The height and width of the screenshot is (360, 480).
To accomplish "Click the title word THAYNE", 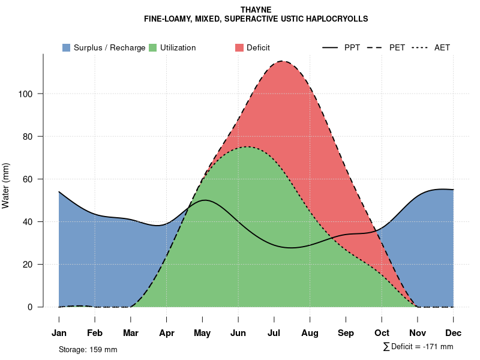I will [x=256, y=10].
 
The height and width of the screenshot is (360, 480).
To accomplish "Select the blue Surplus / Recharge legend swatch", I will [x=67, y=47].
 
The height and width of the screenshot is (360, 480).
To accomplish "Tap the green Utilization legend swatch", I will [x=153, y=47].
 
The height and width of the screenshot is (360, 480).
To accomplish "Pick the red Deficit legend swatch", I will [x=239, y=47].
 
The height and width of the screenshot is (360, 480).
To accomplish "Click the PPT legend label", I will [x=352, y=47].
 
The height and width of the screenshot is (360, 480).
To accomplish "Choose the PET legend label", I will [x=397, y=47].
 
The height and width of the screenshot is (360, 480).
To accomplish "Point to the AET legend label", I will [x=442, y=47].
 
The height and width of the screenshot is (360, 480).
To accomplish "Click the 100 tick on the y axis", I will [x=29, y=94].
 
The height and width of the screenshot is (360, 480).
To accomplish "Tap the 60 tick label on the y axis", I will [x=32, y=179].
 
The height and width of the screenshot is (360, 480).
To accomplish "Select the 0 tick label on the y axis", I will [x=34, y=307].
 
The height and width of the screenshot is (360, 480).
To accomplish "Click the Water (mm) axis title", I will [x=6, y=186].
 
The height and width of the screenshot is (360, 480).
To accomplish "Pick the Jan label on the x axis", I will [x=59, y=333].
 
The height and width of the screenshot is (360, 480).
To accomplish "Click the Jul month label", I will [x=274, y=333].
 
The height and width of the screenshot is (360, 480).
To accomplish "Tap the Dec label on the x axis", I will [x=454, y=333].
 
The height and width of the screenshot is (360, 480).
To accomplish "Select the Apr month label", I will [x=167, y=333].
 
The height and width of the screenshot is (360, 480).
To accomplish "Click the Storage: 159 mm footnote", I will [x=88, y=349].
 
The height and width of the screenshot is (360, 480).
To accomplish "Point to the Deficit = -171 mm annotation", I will [x=418, y=347].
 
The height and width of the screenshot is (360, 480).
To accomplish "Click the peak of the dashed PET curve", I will [x=282, y=61].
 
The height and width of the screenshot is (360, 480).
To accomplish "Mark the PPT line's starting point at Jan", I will [x=59, y=192].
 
